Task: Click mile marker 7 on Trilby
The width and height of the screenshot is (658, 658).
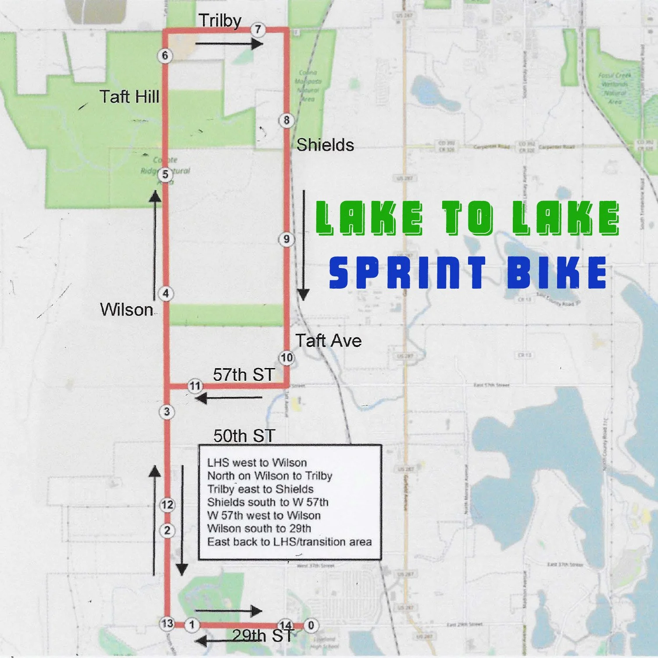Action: click(x=258, y=29)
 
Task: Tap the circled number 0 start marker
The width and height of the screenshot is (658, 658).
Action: click(x=311, y=626)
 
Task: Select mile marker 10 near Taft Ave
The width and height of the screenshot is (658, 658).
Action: click(x=286, y=358)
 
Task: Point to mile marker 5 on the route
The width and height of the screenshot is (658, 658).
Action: click(x=165, y=175)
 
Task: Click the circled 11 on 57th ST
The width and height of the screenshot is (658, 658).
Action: click(x=195, y=386)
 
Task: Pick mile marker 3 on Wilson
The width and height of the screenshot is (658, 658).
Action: click(x=167, y=412)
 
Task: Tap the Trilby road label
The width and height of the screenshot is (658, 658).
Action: click(x=220, y=21)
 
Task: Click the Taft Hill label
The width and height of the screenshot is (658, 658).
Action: click(x=129, y=97)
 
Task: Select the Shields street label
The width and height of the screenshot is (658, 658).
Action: click(x=325, y=145)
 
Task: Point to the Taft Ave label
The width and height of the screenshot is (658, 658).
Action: click(x=328, y=341)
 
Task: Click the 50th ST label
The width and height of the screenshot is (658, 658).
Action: click(x=244, y=436)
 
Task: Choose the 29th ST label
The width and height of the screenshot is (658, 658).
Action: click(x=262, y=635)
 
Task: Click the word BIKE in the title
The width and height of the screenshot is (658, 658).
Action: click(x=557, y=272)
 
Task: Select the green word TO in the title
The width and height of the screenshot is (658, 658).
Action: click(x=468, y=218)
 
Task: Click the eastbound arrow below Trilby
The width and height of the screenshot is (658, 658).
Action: click(x=229, y=43)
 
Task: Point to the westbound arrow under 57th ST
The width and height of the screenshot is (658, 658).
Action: click(x=229, y=398)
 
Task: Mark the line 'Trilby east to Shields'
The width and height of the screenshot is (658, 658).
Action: click(x=260, y=489)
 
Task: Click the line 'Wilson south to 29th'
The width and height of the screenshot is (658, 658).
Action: click(x=259, y=529)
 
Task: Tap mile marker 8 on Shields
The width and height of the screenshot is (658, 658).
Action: click(x=286, y=120)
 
